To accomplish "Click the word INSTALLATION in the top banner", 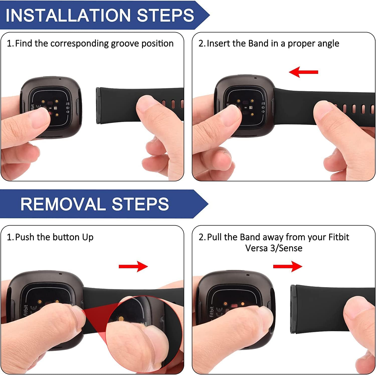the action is pos(68,15).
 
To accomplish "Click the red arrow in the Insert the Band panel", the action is pos(303,72).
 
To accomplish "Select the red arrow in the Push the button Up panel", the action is pos(133,266).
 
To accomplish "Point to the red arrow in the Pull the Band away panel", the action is pos(288,266).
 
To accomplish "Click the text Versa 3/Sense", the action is pos(274,248).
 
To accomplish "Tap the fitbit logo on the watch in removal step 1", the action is pos(26,310).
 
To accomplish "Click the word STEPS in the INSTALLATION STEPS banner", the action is pos(165,15).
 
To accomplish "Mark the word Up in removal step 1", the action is pos(88,238).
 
